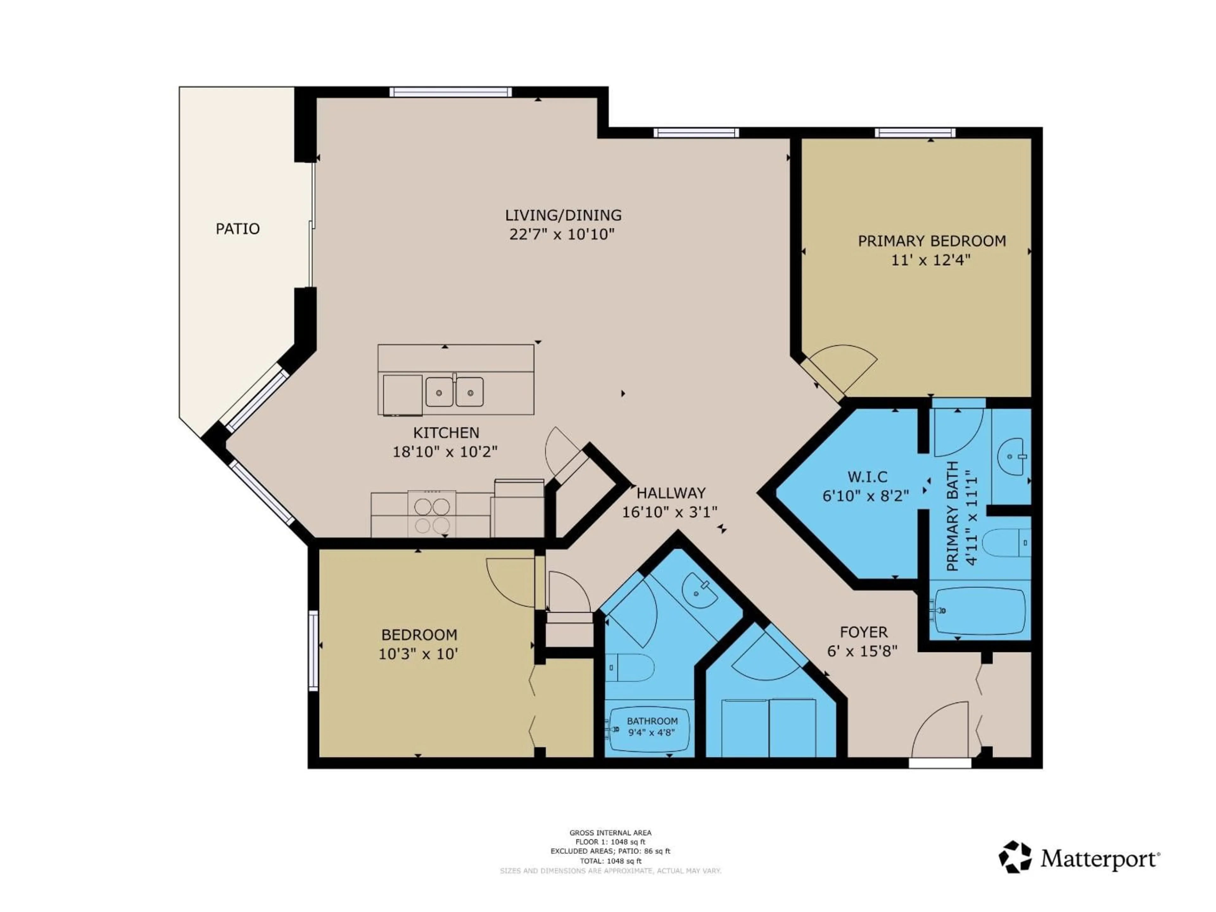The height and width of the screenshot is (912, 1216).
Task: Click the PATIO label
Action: point(237,229)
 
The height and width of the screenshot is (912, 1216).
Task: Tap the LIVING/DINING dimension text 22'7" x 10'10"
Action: point(561,235)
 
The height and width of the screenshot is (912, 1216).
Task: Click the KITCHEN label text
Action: point(446,433)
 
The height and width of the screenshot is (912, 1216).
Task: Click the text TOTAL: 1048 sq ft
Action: point(610,861)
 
